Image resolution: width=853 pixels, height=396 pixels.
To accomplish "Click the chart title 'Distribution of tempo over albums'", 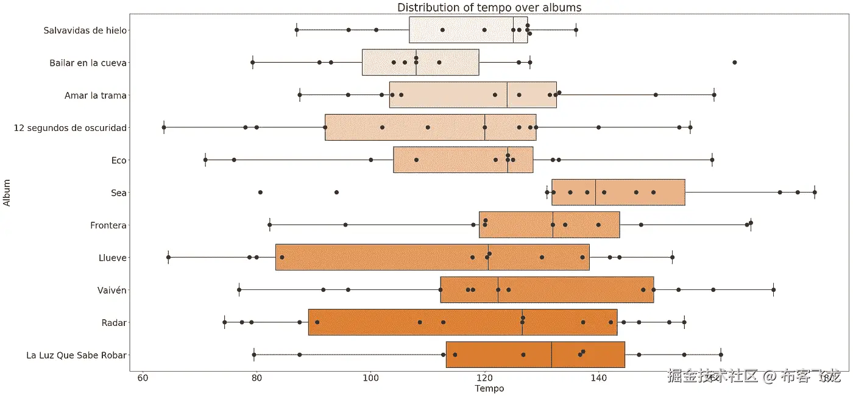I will (489, 8).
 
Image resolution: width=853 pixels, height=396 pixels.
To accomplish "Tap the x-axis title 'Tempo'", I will (489, 388).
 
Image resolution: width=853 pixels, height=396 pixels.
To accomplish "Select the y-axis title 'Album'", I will (7, 193).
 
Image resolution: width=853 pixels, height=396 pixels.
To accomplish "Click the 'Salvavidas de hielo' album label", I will (85, 30).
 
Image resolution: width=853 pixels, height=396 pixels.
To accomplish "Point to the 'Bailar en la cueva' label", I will (88, 63).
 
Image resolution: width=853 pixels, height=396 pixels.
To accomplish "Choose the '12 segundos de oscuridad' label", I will (70, 128).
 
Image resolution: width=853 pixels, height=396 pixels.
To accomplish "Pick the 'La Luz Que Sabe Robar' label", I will (77, 355).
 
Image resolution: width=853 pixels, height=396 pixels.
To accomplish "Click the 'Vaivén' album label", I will (113, 290).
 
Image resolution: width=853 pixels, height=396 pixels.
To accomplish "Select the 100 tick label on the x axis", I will (370, 378).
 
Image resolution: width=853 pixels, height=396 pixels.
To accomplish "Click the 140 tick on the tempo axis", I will (598, 378).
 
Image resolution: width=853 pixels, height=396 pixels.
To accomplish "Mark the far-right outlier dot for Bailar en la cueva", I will (734, 62).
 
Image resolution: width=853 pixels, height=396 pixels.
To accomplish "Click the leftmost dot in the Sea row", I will (260, 192).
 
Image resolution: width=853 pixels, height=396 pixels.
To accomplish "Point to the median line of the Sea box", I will (595, 193).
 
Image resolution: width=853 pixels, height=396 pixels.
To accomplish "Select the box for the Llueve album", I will (432, 257).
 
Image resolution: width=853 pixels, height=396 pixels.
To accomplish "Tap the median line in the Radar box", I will (522, 322).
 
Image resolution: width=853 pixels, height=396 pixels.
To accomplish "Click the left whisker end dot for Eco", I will (205, 160).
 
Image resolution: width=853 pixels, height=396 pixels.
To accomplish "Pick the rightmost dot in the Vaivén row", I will (773, 289).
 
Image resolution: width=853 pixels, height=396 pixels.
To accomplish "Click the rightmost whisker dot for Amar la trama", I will (714, 94).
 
